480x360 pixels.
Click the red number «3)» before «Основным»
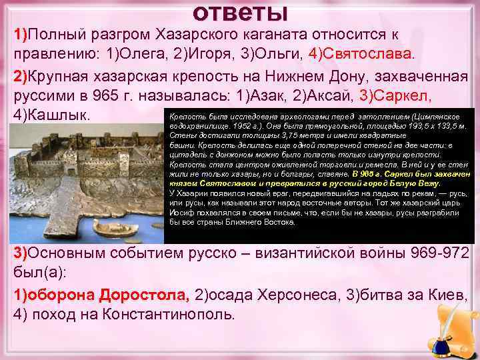coord(21,253)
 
